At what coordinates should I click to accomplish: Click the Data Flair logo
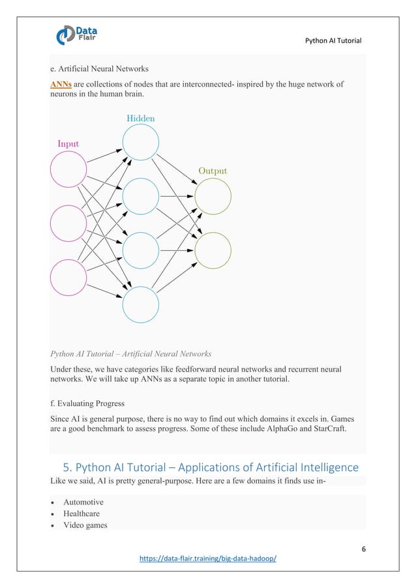point(78,33)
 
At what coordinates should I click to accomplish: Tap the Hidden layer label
point(140,119)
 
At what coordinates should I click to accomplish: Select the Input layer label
point(68,143)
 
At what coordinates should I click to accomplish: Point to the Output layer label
point(213,171)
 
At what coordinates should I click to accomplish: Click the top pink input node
point(68,169)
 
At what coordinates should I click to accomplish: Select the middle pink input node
point(68,223)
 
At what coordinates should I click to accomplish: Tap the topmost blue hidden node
point(141,142)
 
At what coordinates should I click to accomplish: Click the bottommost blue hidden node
point(141,304)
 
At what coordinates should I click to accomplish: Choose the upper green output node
point(213,196)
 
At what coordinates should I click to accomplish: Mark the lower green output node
point(213,250)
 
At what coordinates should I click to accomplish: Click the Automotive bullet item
point(83,502)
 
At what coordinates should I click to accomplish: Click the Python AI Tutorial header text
point(333,42)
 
